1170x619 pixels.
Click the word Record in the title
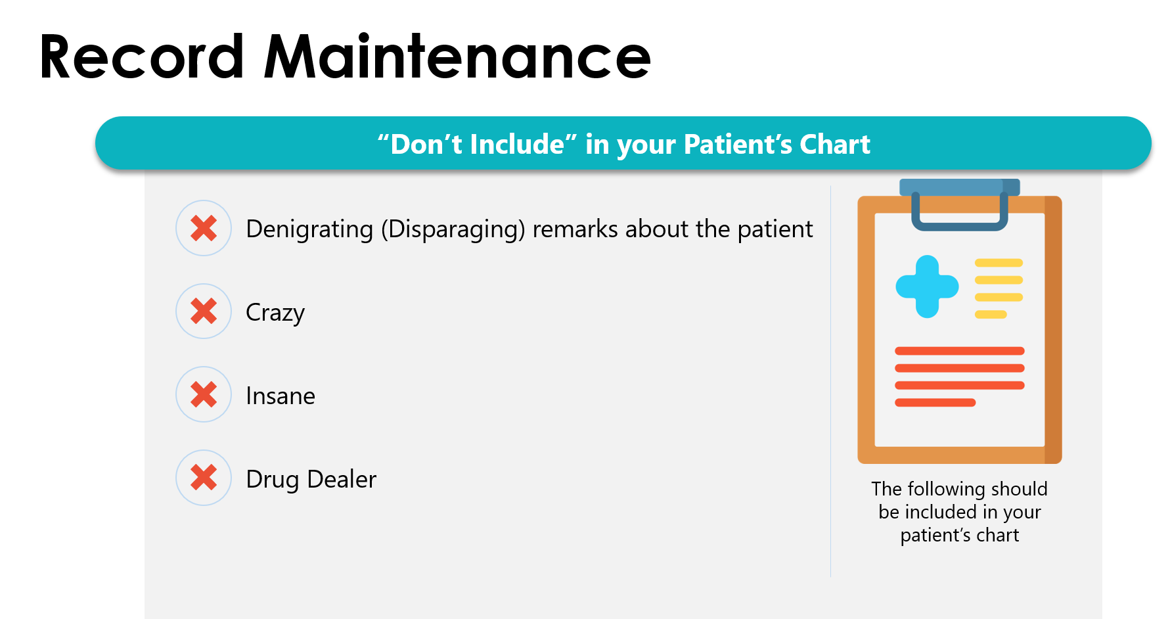click(x=142, y=57)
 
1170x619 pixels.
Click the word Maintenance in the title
click(x=457, y=57)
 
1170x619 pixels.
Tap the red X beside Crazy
click(x=204, y=311)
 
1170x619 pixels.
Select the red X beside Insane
click(x=204, y=394)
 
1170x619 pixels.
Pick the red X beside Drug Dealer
click(x=204, y=478)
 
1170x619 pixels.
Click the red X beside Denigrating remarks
click(x=204, y=228)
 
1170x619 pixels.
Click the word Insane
click(x=281, y=396)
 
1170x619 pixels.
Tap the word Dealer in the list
click(x=342, y=479)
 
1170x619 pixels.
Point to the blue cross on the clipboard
click(x=927, y=287)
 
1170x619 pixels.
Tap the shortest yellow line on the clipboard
click(x=991, y=314)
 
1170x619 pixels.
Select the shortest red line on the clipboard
click(x=935, y=402)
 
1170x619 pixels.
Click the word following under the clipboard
click(x=947, y=490)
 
